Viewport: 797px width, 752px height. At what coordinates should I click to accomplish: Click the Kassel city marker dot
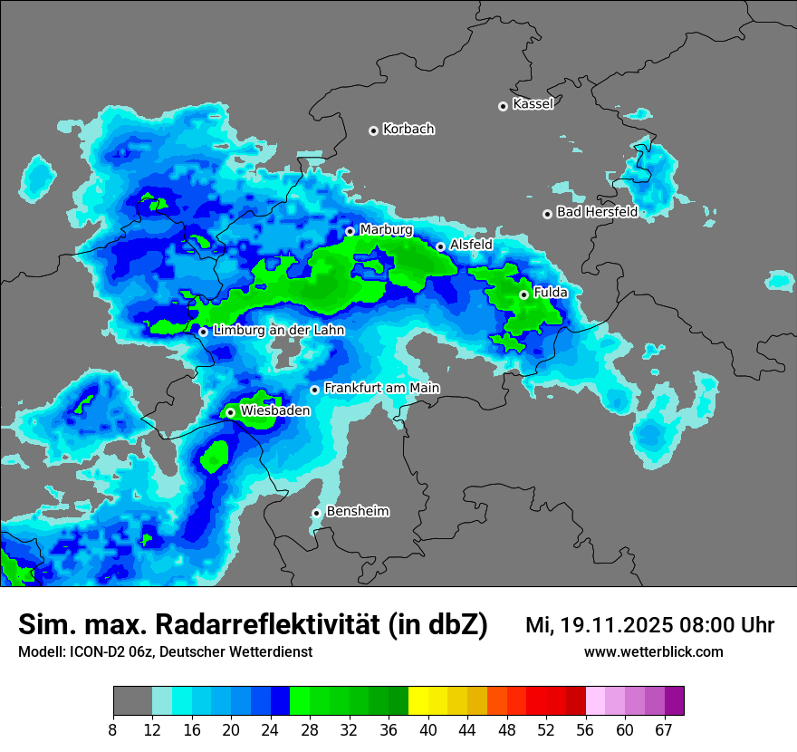[503, 106]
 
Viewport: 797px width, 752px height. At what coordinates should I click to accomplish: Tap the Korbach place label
[408, 130]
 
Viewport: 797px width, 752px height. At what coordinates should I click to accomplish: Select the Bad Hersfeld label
[597, 212]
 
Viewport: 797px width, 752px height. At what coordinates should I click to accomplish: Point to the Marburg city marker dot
[350, 231]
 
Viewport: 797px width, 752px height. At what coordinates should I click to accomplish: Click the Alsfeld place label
[471, 245]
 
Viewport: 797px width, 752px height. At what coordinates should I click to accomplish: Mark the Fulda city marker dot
[523, 294]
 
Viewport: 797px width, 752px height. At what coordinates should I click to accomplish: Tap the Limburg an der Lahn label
[278, 331]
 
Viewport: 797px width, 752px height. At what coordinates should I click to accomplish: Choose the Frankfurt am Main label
[381, 388]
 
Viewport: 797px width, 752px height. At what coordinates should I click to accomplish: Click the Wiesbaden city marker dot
[230, 412]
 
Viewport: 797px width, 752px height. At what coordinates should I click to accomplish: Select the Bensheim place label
[357, 511]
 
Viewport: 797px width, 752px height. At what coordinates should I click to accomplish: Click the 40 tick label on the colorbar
[428, 730]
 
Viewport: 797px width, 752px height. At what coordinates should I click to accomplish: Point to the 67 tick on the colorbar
[664, 730]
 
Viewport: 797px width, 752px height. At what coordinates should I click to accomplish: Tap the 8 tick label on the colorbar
[113, 730]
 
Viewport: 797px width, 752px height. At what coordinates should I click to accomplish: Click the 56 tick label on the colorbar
[585, 730]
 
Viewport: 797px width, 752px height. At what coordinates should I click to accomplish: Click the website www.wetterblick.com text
[653, 652]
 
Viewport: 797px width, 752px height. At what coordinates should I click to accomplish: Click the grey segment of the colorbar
[132, 701]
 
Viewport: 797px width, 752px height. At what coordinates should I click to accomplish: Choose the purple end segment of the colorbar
[674, 701]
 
